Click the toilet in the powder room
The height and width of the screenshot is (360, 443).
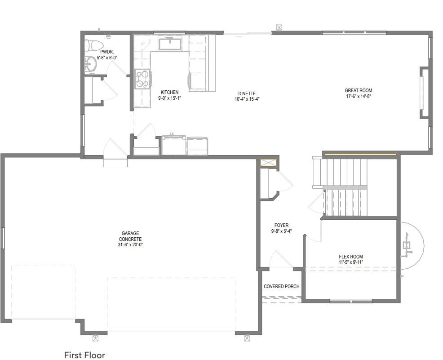tap(93, 45)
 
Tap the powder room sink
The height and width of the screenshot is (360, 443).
tap(91, 64)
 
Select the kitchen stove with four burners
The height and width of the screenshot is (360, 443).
tap(142, 79)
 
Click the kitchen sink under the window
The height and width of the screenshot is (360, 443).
tap(169, 43)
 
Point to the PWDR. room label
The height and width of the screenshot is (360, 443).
tap(107, 52)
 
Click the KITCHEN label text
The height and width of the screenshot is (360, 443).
tap(169, 92)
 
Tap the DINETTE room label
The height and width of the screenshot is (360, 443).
tap(247, 93)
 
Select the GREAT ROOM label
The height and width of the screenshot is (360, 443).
tap(358, 90)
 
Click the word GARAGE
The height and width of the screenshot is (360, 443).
tap(130, 233)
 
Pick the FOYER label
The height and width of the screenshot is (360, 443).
tap(281, 225)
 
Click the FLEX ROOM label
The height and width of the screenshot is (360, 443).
tap(351, 257)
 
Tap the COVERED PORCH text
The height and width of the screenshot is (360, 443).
tap(281, 286)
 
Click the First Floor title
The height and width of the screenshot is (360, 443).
tap(84, 355)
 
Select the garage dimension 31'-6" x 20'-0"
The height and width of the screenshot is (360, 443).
tap(130, 244)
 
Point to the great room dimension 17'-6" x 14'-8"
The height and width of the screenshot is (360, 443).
tap(358, 96)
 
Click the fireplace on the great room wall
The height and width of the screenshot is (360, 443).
tap(425, 93)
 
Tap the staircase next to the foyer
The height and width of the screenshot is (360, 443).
tap(340, 187)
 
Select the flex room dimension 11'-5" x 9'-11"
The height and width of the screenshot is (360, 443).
tap(351, 262)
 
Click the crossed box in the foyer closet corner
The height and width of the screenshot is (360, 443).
tap(269, 163)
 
